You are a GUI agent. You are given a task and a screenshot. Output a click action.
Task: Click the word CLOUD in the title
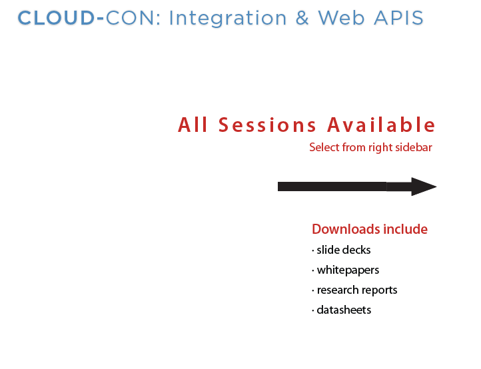(56, 18)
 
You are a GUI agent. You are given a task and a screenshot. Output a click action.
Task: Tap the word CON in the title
(129, 18)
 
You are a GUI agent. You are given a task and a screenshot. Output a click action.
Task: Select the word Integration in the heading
(228, 19)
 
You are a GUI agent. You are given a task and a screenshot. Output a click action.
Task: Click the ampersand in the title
(302, 18)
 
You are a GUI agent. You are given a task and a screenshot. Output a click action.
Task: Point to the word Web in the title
(341, 18)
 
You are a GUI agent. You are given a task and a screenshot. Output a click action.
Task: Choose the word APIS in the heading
(399, 18)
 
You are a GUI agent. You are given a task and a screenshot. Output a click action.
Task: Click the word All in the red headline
(193, 125)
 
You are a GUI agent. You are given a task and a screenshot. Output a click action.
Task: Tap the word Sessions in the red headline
(267, 125)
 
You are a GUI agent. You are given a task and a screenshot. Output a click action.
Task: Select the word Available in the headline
(381, 125)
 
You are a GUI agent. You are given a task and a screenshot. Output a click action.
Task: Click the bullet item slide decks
(341, 250)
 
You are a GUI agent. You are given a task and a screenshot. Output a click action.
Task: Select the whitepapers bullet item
(345, 270)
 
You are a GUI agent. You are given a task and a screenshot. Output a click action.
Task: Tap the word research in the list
(337, 290)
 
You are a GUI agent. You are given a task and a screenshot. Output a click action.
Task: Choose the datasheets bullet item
(341, 310)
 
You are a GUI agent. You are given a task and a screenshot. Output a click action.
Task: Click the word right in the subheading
(380, 148)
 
